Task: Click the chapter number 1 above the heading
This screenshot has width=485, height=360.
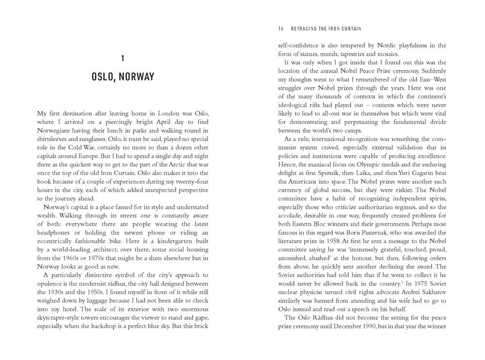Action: pyautogui.click(x=123, y=59)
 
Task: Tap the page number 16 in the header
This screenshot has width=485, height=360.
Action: pyautogui.click(x=281, y=29)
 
